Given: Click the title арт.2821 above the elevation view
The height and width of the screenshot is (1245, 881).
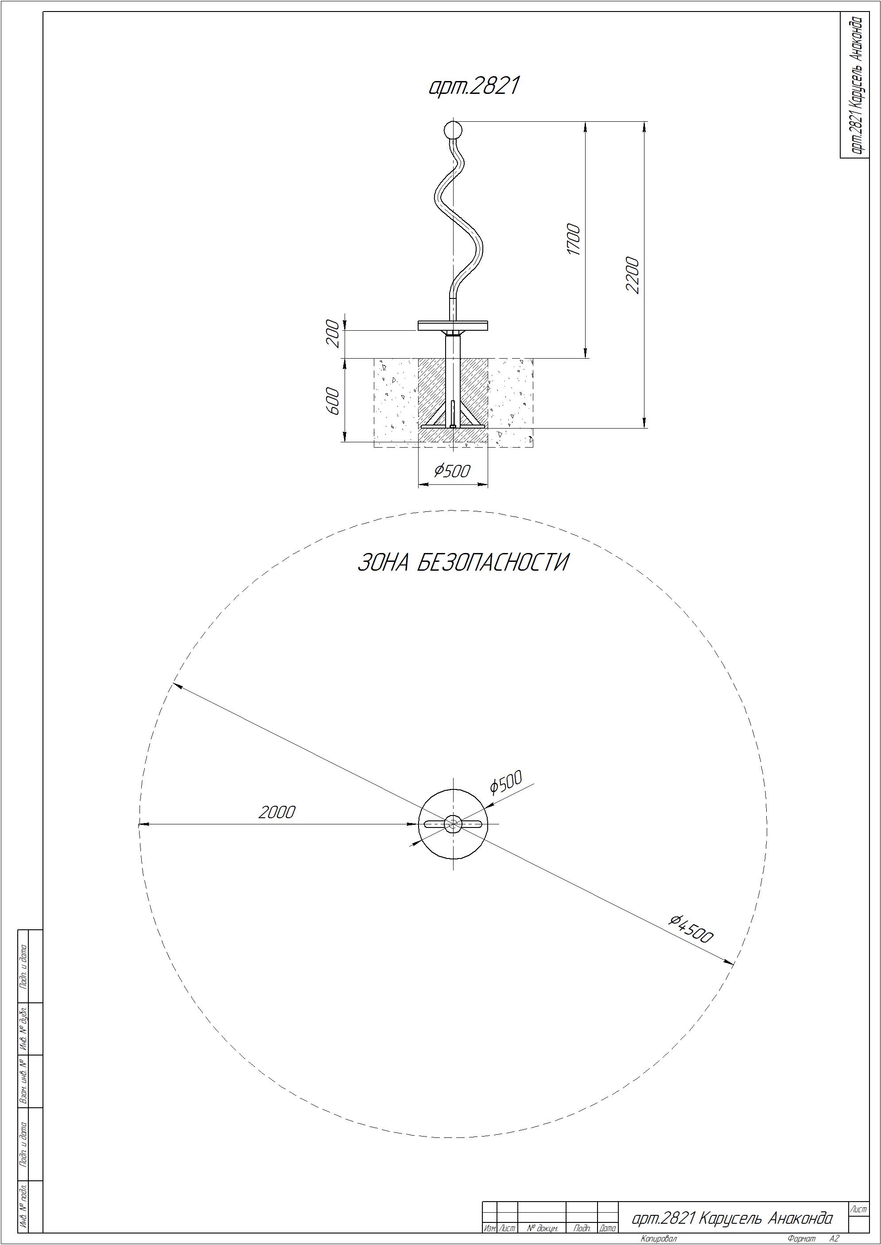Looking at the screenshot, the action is coord(474,86).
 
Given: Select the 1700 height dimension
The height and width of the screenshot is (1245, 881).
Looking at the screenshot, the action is coord(574,239).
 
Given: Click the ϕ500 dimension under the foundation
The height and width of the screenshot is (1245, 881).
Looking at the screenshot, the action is coord(451,471).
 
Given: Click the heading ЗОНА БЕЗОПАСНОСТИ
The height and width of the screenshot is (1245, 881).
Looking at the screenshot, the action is coord(463,562).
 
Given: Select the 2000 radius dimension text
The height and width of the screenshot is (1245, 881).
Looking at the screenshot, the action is coord(277,812).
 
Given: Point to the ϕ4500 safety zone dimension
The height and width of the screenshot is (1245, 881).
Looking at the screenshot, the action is coord(691,928).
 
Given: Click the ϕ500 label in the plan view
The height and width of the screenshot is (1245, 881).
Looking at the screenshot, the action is coord(505,782).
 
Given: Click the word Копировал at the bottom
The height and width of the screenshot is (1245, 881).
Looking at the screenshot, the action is coord(659,1238).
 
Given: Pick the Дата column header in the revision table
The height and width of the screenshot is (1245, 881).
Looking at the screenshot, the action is coord(608,1228).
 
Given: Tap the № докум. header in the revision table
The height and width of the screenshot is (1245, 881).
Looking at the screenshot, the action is coord(542,1228).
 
